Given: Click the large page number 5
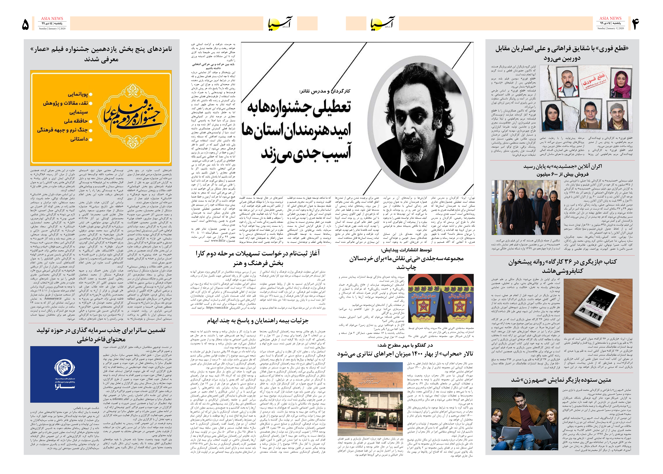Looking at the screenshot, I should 26,24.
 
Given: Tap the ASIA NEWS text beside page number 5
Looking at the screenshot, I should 52,18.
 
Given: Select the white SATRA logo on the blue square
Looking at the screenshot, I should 65,374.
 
